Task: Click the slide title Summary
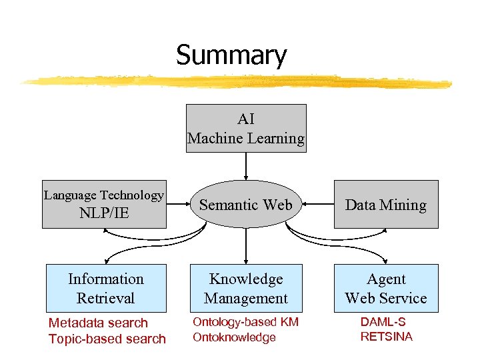point(231,55)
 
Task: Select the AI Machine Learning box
point(246,128)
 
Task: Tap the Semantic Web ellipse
point(246,205)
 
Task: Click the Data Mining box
point(386,205)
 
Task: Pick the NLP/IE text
point(104,213)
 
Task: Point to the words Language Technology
point(103,195)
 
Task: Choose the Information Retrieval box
point(106,288)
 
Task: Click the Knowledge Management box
point(246,288)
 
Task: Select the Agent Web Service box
point(386,288)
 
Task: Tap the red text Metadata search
point(98,323)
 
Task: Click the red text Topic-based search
point(107,339)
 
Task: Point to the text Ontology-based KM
point(245,322)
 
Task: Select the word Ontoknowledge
point(234,337)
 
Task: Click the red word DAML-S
point(383,322)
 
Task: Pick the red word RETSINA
point(387,337)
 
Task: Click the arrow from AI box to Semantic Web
point(246,166)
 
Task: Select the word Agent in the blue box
point(386,279)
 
